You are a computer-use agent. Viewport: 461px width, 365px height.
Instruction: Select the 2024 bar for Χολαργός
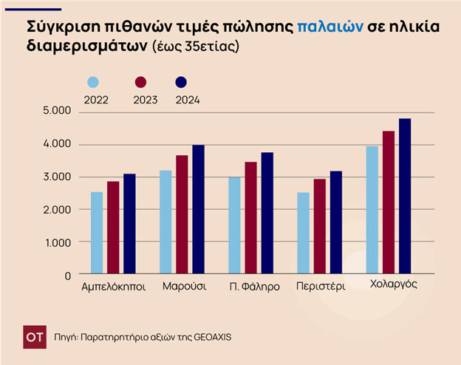tap(405, 196)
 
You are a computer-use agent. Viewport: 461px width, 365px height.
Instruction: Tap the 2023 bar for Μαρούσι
tap(182, 214)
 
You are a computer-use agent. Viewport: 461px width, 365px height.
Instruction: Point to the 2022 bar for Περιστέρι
tap(303, 233)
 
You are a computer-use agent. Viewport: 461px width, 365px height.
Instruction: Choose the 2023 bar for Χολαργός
tap(389, 202)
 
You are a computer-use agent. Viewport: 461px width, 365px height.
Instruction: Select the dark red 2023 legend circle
tap(141, 83)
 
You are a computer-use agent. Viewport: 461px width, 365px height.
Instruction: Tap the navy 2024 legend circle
tap(181, 83)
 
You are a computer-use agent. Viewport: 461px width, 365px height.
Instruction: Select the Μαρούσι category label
tap(183, 286)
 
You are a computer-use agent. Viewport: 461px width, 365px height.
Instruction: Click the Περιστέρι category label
tap(321, 286)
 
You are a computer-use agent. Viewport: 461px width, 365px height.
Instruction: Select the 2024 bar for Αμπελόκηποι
tap(130, 224)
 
